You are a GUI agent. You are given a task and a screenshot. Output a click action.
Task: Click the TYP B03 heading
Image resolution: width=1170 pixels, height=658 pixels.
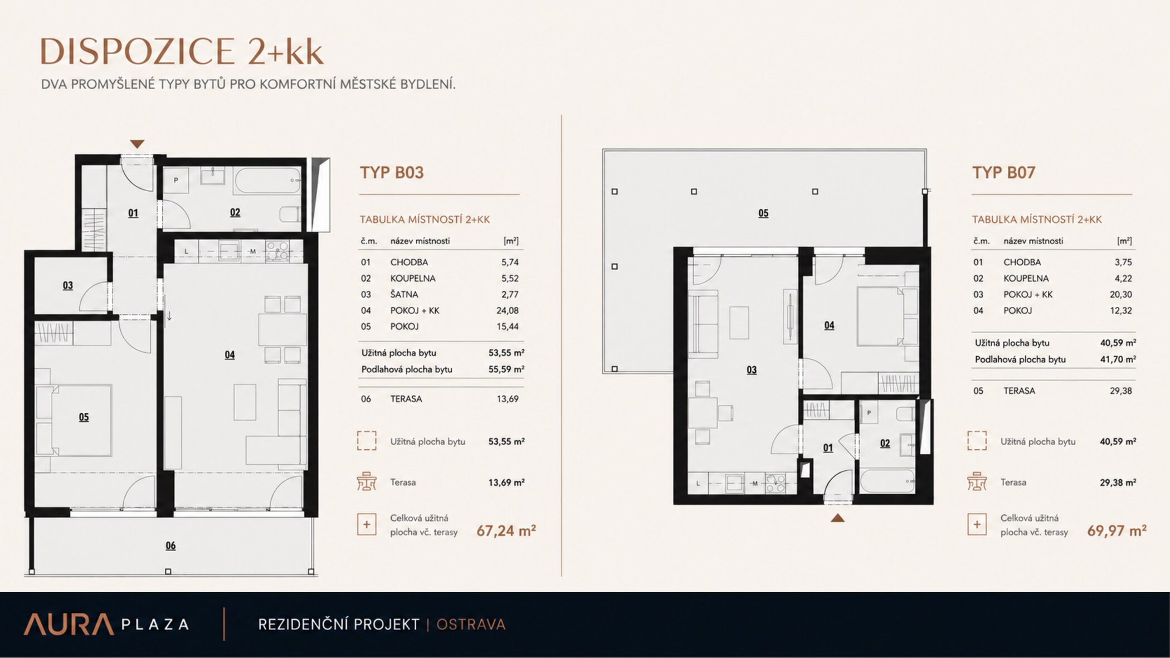tap(392, 173)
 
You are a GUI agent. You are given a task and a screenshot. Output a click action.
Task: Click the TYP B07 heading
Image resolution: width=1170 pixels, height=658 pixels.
tap(1003, 173)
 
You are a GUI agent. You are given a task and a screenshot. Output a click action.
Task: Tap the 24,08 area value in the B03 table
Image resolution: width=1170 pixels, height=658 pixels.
tap(507, 310)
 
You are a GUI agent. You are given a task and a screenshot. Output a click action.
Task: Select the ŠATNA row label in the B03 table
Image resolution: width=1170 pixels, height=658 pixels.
tap(404, 294)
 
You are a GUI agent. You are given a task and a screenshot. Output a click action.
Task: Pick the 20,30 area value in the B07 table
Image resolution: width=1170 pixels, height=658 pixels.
tap(1120, 294)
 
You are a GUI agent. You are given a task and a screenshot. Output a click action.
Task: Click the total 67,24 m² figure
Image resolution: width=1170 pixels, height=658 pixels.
tap(506, 530)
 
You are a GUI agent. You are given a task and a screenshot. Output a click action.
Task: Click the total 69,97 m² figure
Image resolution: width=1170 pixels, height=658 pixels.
tap(1117, 530)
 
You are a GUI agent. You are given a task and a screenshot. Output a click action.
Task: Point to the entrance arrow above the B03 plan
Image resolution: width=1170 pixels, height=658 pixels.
tap(137, 144)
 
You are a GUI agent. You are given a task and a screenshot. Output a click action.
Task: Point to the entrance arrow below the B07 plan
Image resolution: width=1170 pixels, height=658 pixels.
tap(837, 518)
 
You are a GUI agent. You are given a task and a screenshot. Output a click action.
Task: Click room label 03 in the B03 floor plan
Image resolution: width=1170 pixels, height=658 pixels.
tap(67, 285)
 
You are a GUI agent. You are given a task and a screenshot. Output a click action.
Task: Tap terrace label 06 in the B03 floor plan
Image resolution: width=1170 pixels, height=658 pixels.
tap(170, 545)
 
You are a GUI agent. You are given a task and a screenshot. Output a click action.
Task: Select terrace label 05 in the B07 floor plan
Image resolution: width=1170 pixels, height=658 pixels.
tap(763, 213)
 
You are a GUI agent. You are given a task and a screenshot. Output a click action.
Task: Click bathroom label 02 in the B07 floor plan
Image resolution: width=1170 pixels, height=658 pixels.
tap(885, 443)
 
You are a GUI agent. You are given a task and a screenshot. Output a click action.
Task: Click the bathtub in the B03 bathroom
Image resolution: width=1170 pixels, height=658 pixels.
tap(268, 181)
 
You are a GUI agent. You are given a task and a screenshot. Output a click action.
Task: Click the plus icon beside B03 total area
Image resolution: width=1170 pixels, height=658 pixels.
tap(367, 524)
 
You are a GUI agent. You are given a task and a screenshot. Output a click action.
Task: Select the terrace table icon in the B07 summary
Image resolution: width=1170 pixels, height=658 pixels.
tap(977, 481)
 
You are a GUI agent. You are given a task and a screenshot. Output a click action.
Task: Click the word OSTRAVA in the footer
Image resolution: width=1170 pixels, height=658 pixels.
tap(471, 625)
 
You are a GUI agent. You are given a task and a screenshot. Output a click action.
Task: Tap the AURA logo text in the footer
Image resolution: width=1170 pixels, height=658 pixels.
tap(69, 625)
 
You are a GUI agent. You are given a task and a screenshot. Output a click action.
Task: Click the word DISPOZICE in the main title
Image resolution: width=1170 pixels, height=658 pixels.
tap(137, 52)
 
